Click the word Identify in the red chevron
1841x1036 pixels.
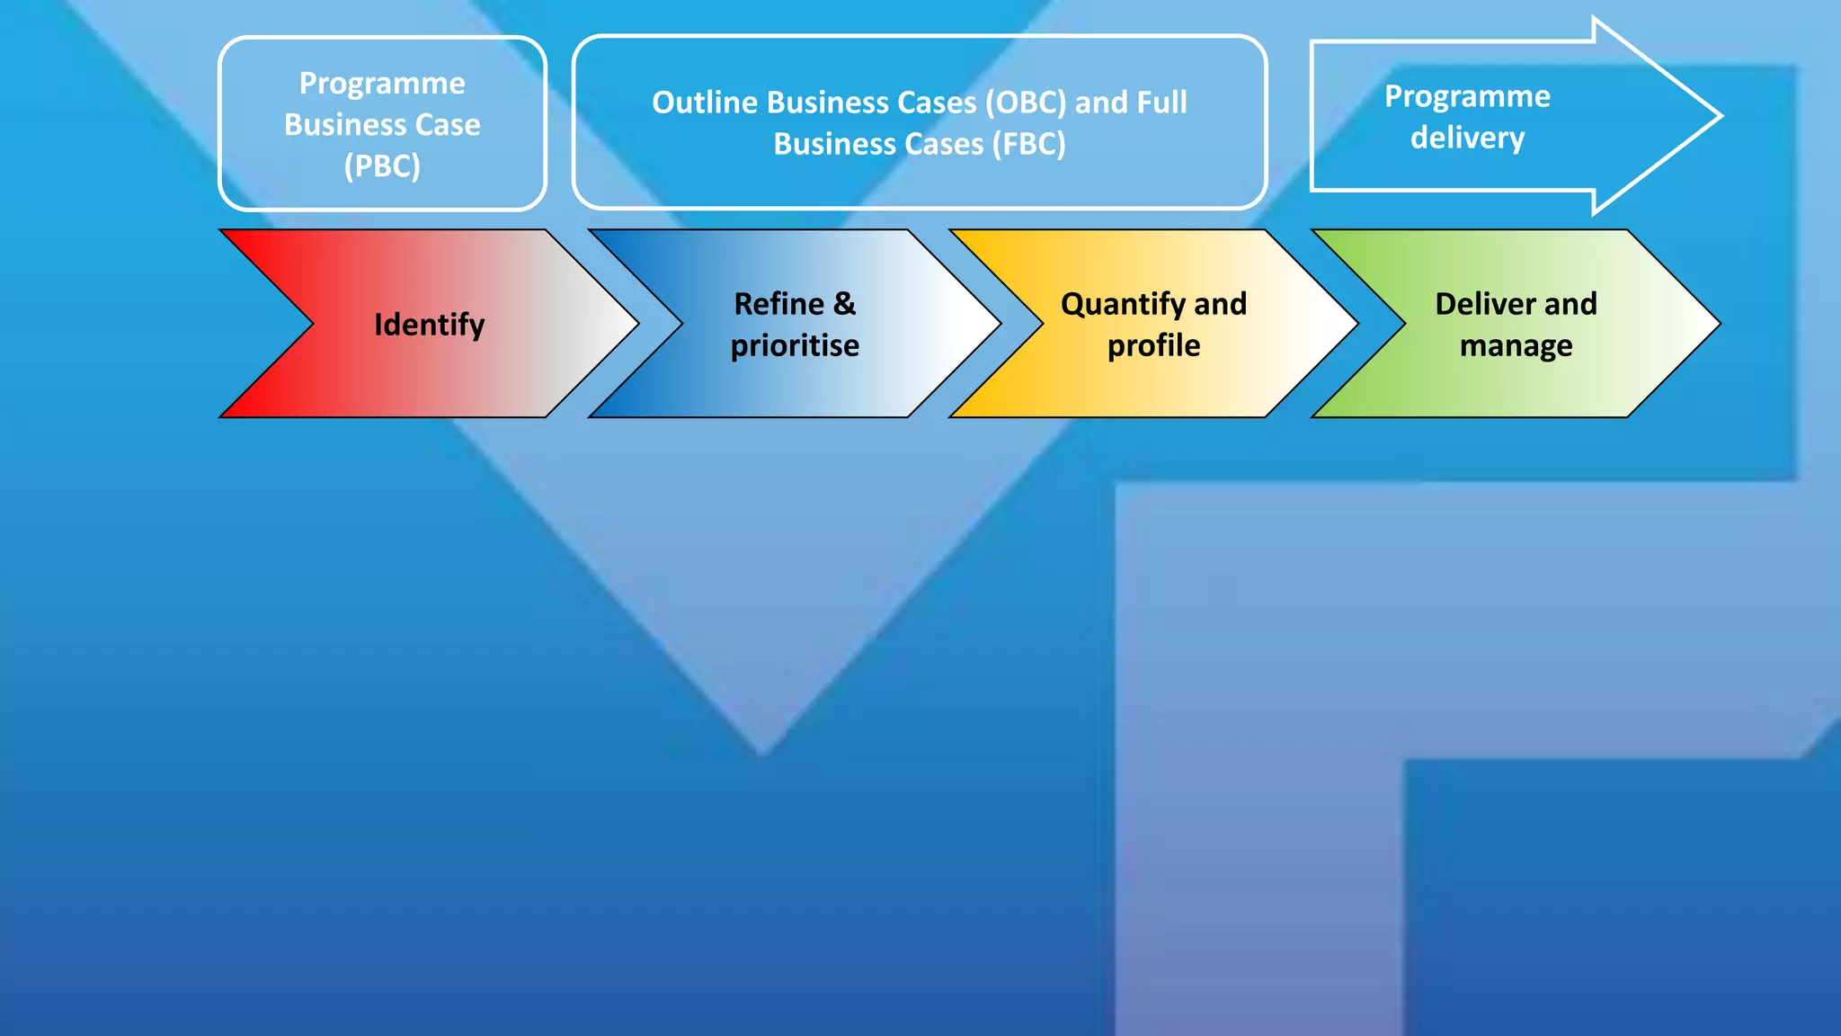coord(429,325)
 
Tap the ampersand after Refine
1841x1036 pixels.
coord(844,304)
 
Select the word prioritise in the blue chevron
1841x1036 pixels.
coord(795,345)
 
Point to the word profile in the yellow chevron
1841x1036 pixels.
coord(1153,345)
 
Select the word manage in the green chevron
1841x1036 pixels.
coord(1516,345)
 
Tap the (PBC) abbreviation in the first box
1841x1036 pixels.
coord(382,166)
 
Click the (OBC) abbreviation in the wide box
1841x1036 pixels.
coord(1026,103)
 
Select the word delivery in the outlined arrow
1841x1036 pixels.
coord(1467,138)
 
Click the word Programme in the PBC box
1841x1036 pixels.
coord(382,84)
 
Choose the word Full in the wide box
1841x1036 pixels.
coord(1161,103)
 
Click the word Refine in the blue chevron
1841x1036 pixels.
coord(778,304)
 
